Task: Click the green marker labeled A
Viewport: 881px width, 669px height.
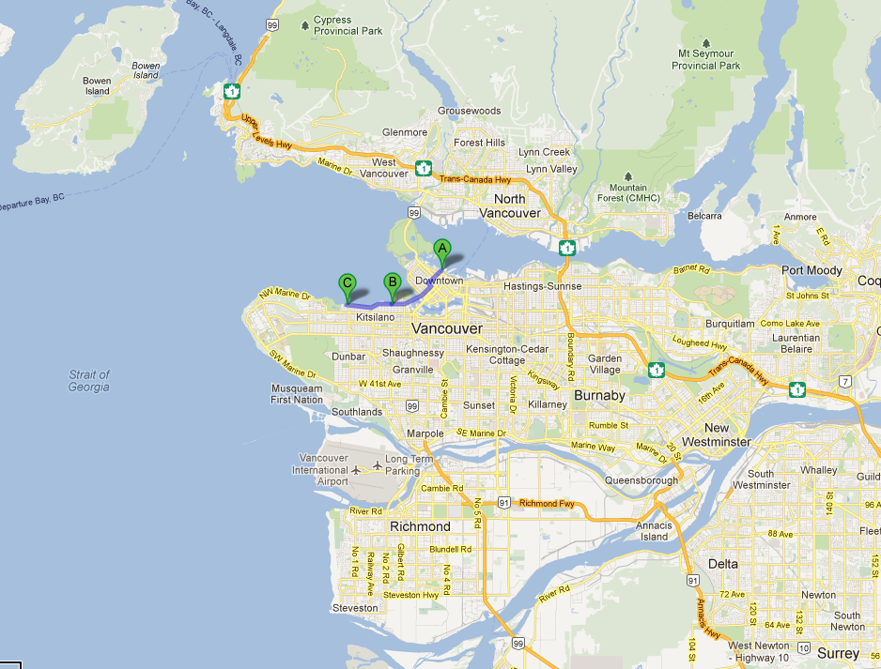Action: point(442,250)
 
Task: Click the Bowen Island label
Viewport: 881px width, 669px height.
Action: point(97,86)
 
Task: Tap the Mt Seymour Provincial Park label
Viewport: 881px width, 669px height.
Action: point(705,60)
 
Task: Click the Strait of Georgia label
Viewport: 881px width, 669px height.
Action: point(88,380)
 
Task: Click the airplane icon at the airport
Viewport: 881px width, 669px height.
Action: point(377,464)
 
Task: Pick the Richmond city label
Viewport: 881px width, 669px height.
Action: point(420,526)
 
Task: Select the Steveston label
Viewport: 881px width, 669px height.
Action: point(355,608)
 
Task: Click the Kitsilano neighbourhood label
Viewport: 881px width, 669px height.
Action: point(375,318)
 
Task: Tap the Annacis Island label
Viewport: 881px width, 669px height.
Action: point(654,531)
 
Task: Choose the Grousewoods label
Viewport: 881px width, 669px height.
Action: point(469,111)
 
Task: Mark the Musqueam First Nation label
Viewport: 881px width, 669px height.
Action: point(297,394)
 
